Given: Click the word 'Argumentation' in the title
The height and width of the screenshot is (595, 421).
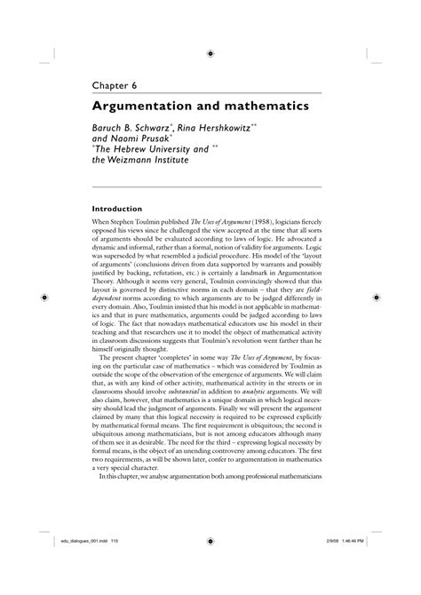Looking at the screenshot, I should click(x=143, y=106).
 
